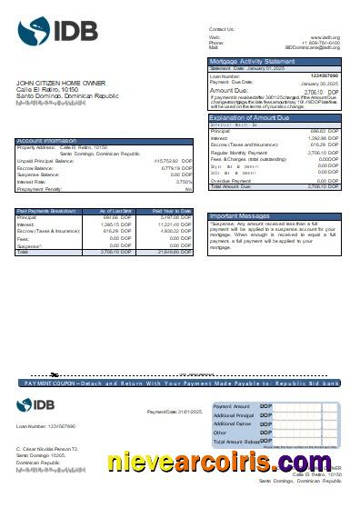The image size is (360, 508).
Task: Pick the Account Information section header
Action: [46, 141]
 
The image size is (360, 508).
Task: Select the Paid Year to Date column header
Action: [171, 210]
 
